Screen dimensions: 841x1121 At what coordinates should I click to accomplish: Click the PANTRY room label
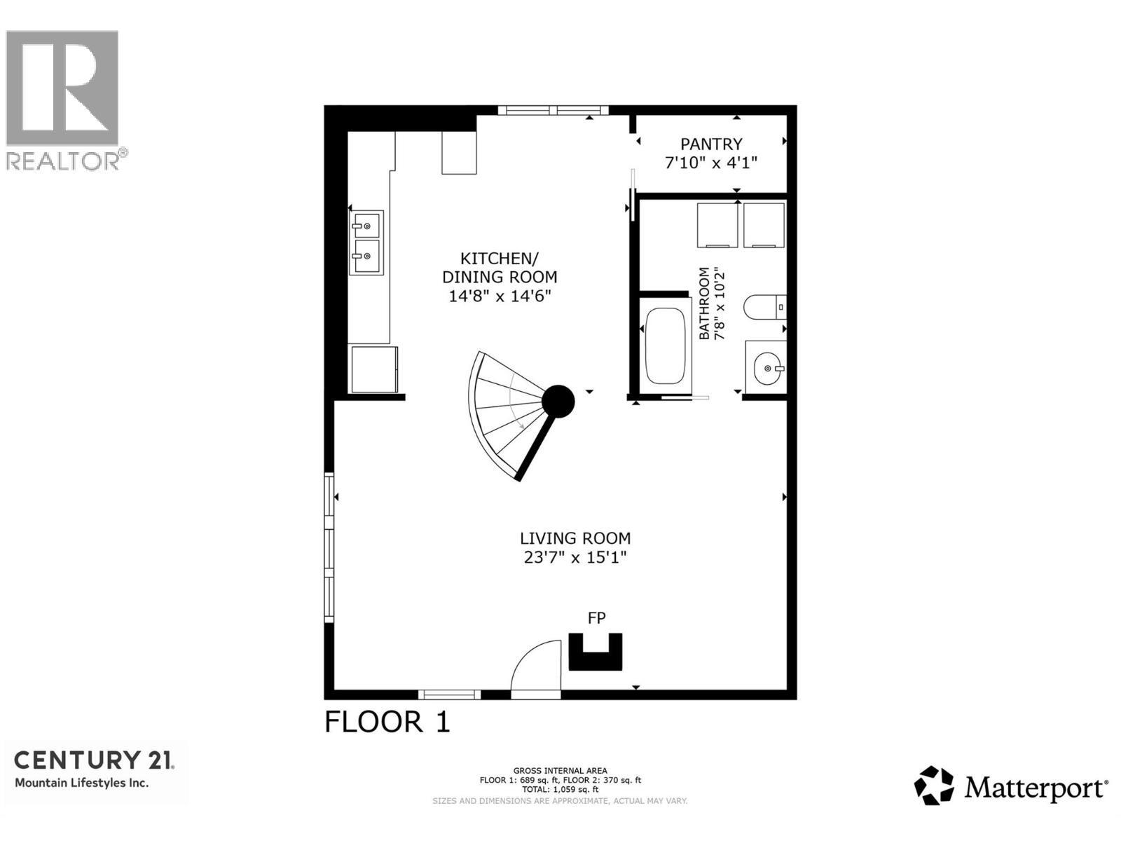pyautogui.click(x=711, y=144)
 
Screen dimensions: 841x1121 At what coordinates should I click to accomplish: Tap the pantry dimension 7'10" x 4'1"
pyautogui.click(x=711, y=163)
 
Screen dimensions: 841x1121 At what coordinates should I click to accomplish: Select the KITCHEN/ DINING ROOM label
pyautogui.click(x=500, y=267)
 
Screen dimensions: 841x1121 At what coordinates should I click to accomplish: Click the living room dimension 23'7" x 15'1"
pyautogui.click(x=575, y=558)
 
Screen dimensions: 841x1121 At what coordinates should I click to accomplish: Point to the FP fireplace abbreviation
pyautogui.click(x=596, y=618)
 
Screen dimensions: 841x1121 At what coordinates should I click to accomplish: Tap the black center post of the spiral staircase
pyautogui.click(x=559, y=402)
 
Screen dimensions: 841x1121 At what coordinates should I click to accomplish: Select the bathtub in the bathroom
pyautogui.click(x=665, y=346)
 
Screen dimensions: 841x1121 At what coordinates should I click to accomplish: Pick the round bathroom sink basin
pyautogui.click(x=766, y=367)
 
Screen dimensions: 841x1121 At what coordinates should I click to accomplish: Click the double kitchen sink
pyautogui.click(x=366, y=242)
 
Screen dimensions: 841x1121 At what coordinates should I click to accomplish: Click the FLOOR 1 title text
pyautogui.click(x=387, y=722)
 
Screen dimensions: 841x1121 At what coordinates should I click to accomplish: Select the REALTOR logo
pyautogui.click(x=63, y=98)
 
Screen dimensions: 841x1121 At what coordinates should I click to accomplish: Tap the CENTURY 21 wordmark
pyautogui.click(x=94, y=760)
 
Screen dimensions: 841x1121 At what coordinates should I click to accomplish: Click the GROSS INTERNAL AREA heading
pyautogui.click(x=560, y=771)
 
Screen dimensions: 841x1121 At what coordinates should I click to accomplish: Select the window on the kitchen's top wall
pyautogui.click(x=553, y=110)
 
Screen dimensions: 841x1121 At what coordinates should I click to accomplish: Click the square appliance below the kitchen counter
pyautogui.click(x=374, y=369)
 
